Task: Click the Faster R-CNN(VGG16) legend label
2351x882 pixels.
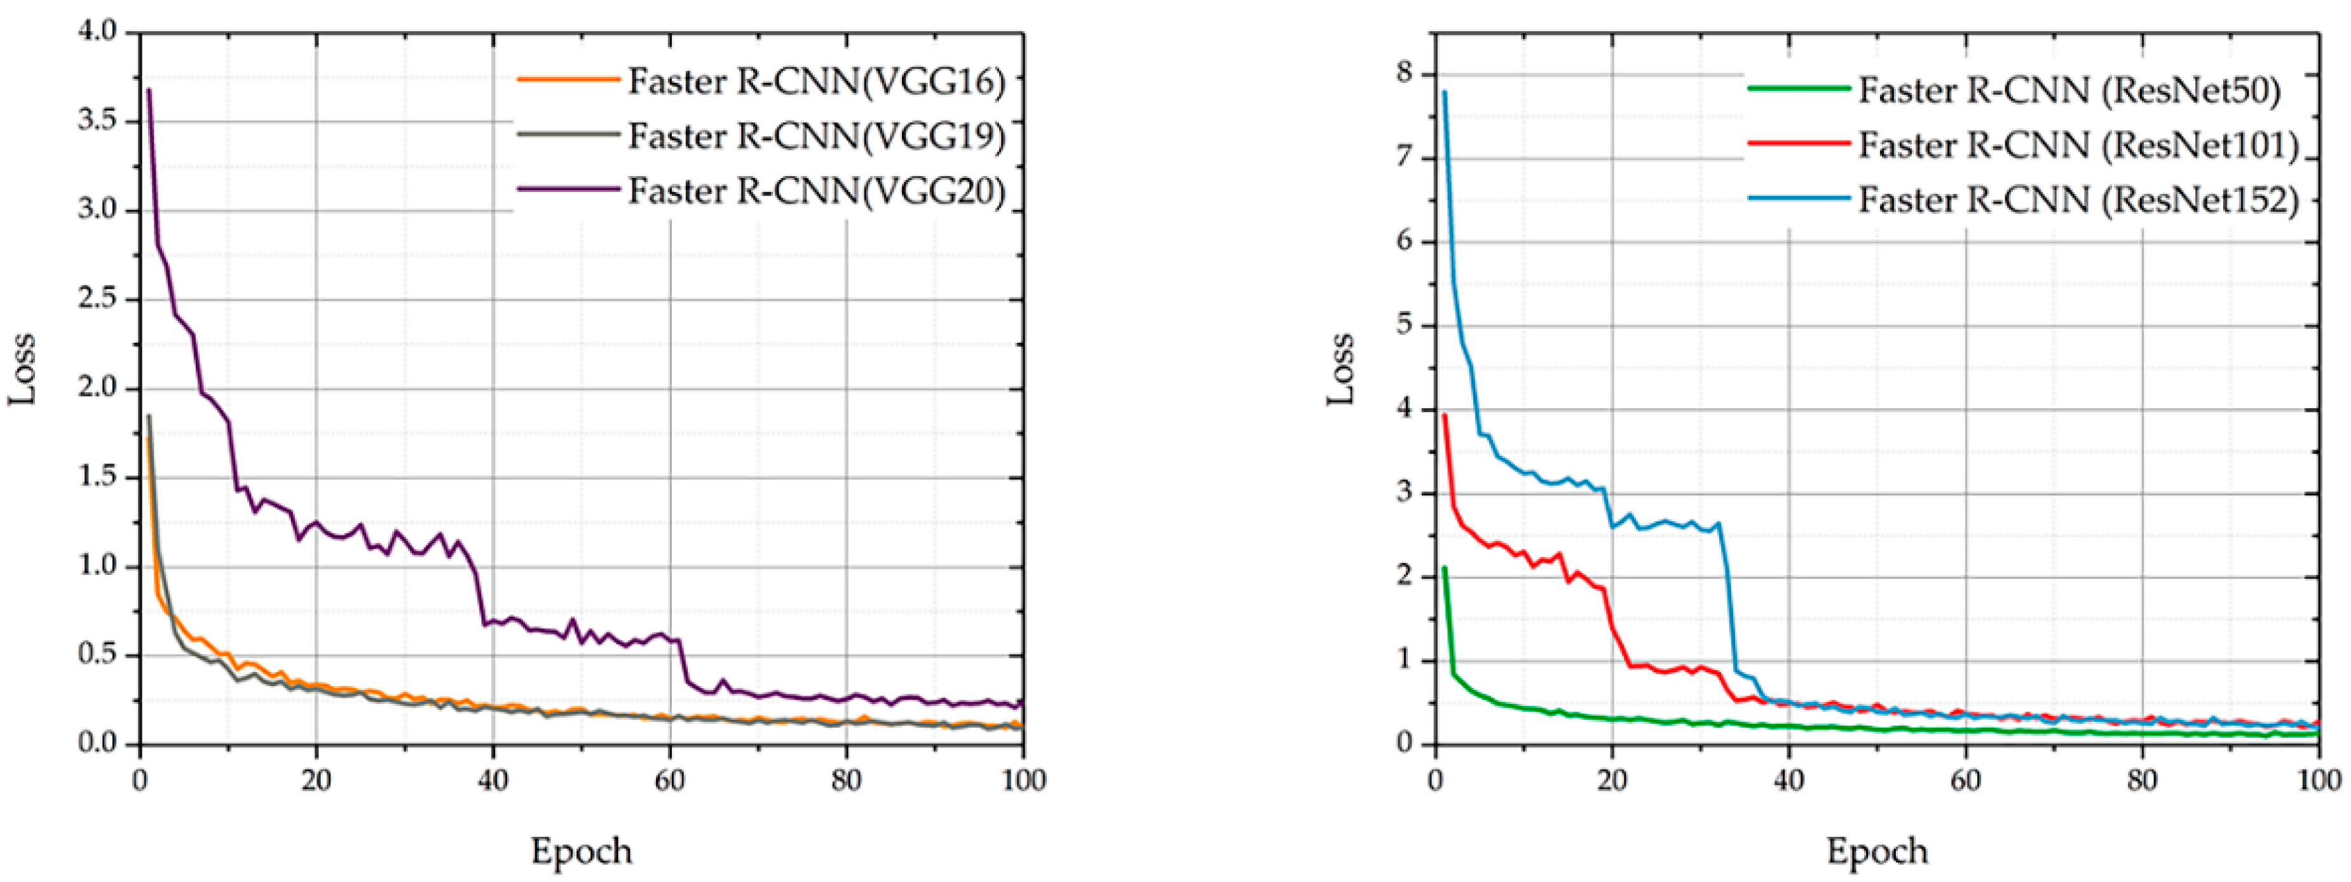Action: tap(816, 82)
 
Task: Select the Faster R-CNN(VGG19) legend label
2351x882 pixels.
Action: tap(816, 137)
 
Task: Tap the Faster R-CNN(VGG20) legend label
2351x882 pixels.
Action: tap(816, 192)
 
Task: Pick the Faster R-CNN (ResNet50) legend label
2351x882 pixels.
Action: tap(2069, 90)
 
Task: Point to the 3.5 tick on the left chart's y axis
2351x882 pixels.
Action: tap(99, 121)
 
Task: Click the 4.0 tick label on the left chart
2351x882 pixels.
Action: tap(99, 32)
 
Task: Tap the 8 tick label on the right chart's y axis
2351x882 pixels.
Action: tap(1403, 73)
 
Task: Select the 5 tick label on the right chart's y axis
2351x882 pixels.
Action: tap(1403, 325)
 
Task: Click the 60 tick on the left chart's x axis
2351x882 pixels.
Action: tap(670, 781)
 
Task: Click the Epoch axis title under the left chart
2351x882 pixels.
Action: tap(582, 851)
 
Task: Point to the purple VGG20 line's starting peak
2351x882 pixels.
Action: tap(149, 90)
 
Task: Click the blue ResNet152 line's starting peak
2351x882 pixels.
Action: tap(1444, 92)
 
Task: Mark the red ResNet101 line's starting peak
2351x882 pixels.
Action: tap(1444, 415)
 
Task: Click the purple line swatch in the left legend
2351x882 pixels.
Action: tap(568, 190)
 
